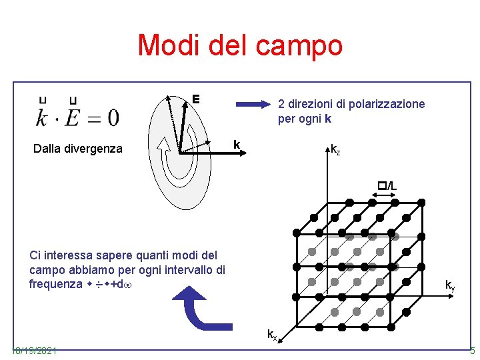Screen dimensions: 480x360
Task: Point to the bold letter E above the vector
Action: [x=196, y=99]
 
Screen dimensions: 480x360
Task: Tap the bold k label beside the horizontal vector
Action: [x=236, y=145]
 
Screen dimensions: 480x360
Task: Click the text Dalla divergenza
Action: [x=78, y=149]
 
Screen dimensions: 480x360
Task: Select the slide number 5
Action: [x=472, y=351]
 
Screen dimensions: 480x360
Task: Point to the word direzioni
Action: [x=309, y=104]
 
